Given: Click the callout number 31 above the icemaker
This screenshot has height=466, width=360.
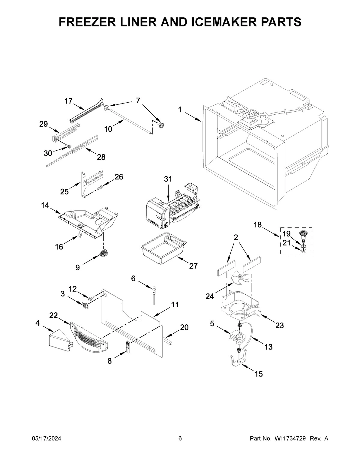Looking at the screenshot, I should point(168,179).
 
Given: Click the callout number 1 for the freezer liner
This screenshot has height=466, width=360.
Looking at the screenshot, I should point(180,110).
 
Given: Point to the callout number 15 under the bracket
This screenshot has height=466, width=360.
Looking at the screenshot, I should point(259,374).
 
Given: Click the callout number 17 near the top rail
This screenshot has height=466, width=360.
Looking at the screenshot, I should point(69,101).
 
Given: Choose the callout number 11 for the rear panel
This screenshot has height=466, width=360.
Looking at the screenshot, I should point(175,305).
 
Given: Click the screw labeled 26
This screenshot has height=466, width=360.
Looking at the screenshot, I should point(100,187).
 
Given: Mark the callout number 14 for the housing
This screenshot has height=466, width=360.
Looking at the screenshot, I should point(45,205).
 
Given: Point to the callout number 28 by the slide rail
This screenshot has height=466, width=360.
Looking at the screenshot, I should point(101,157).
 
